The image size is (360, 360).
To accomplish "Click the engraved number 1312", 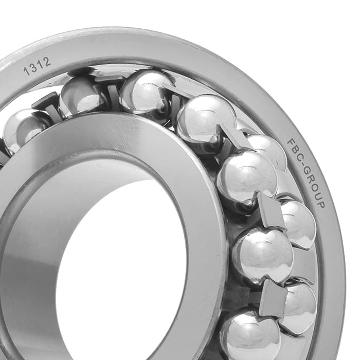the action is pos(37,66).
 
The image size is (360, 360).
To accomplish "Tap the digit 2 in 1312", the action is pos(46,62).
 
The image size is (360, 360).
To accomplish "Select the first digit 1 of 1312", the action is pos(27,71).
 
